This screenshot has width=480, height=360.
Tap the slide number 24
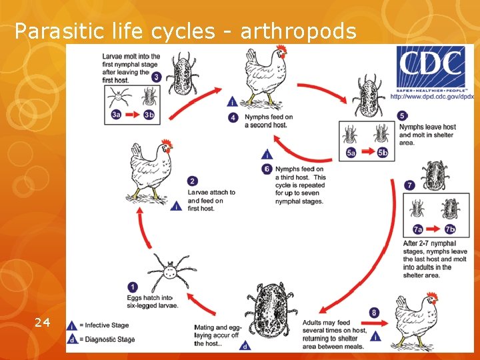pyautogui.click(x=42, y=323)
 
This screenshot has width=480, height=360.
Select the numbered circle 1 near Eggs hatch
pyautogui.click(x=133, y=287)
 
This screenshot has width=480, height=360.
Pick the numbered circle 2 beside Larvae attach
pyautogui.click(x=193, y=181)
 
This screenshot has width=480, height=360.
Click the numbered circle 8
pyautogui.click(x=374, y=313)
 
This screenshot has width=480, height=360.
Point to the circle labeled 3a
pyautogui.click(x=117, y=114)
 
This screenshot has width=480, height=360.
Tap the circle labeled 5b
pyautogui.click(x=382, y=153)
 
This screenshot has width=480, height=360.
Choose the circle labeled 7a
pyautogui.click(x=417, y=229)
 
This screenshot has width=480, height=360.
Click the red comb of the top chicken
pyautogui.click(x=282, y=50)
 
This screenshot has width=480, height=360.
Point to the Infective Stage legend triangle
pyautogui.click(x=72, y=325)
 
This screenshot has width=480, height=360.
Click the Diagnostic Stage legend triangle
pyautogui.click(x=72, y=339)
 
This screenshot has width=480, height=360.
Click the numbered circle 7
pyautogui.click(x=410, y=185)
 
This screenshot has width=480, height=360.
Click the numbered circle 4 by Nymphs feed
pyautogui.click(x=233, y=117)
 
